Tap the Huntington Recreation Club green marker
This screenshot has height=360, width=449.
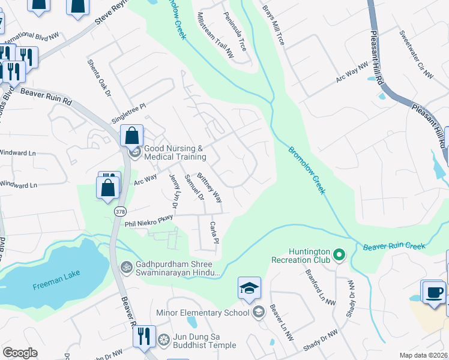point(339,256)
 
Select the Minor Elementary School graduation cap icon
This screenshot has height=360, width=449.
point(249,289)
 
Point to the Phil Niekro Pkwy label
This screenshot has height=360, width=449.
point(148,222)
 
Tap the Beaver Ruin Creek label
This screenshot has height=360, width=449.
point(393,246)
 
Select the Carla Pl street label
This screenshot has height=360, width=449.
point(212,233)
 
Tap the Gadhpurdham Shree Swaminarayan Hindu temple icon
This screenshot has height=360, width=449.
point(126,266)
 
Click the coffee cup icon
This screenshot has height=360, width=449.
point(433,292)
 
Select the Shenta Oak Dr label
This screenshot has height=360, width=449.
point(99,77)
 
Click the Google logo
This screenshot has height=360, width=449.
point(20,353)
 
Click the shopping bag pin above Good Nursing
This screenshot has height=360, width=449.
point(132,136)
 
